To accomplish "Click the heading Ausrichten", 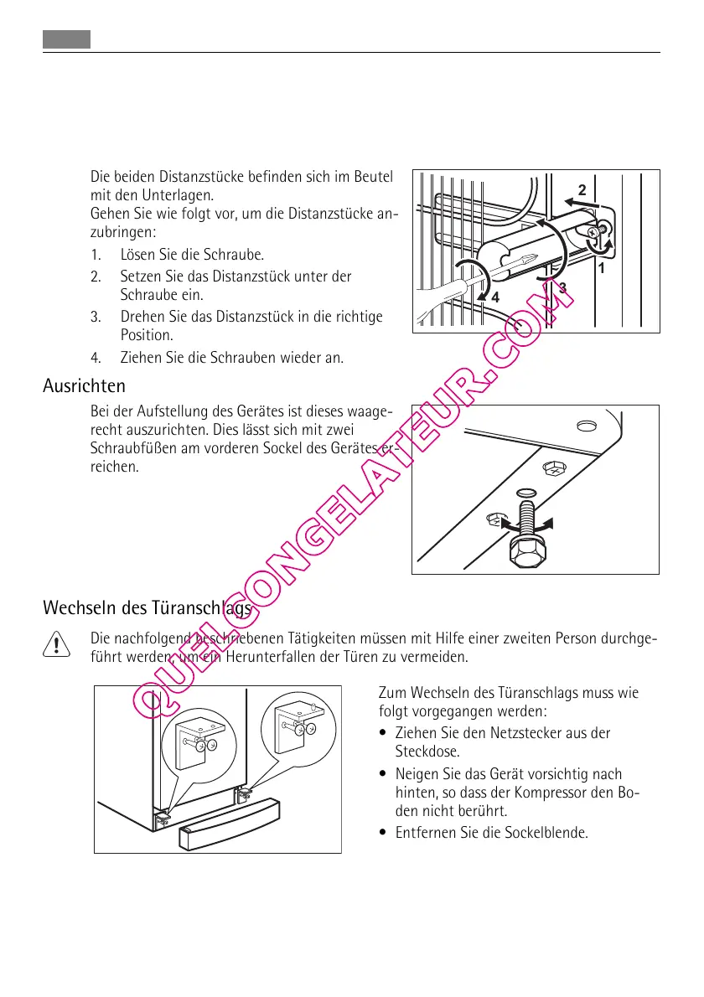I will click(x=84, y=386).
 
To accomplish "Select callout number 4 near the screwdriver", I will click(x=495, y=297).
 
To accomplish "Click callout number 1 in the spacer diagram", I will click(x=601, y=270).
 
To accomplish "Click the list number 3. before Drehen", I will click(x=96, y=318).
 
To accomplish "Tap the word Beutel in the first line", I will click(x=374, y=178).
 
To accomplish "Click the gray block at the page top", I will click(x=66, y=39).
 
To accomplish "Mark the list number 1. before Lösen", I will click(x=96, y=254).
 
